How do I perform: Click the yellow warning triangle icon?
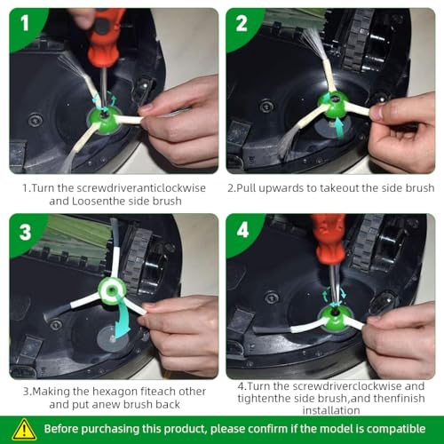coord(24,430)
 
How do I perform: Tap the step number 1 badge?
coord(25,24)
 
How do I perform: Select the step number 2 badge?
coord(242,24)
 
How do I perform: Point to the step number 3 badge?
coord(25,232)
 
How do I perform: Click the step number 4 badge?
coord(242,230)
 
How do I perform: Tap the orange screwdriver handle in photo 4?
coord(329,241)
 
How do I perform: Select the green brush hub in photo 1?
coord(104,120)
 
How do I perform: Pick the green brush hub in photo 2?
coord(334,105)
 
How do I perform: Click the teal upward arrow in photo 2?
coord(338,127)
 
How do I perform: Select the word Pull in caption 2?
coord(247,188)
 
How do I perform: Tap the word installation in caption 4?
coord(331,410)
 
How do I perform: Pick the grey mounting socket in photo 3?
coord(113,339)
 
